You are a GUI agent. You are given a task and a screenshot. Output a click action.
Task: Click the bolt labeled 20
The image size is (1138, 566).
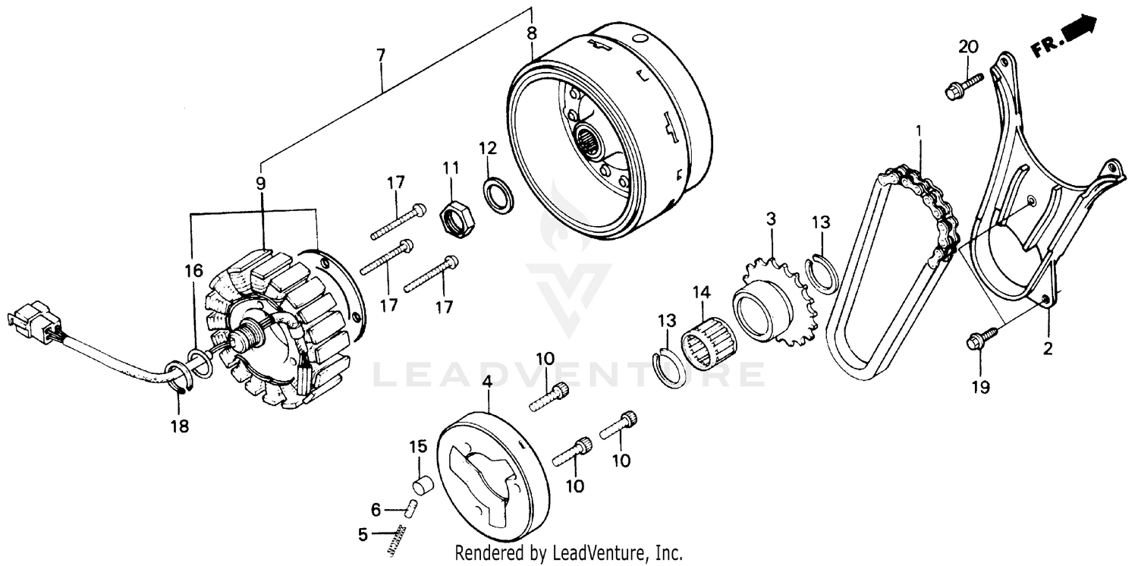[962, 86]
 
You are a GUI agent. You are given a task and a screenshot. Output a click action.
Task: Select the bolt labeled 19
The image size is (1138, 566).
[982, 337]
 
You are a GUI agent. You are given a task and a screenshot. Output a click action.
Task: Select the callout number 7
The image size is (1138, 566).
[380, 55]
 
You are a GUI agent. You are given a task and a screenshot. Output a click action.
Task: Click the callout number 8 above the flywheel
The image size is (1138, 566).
[531, 33]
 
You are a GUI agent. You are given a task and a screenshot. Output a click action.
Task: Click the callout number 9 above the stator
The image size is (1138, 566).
[260, 183]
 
